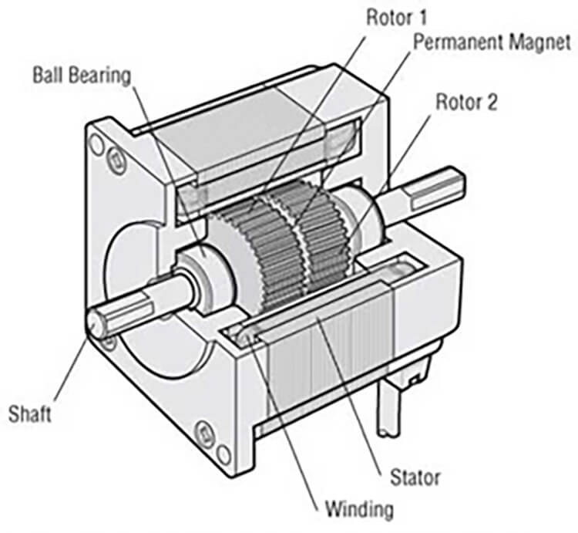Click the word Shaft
pyautogui.click(x=30, y=414)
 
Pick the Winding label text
pyautogui.click(x=359, y=509)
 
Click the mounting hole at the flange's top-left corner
pyautogui.click(x=96, y=143)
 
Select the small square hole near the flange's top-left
pyautogui.click(x=115, y=160)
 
